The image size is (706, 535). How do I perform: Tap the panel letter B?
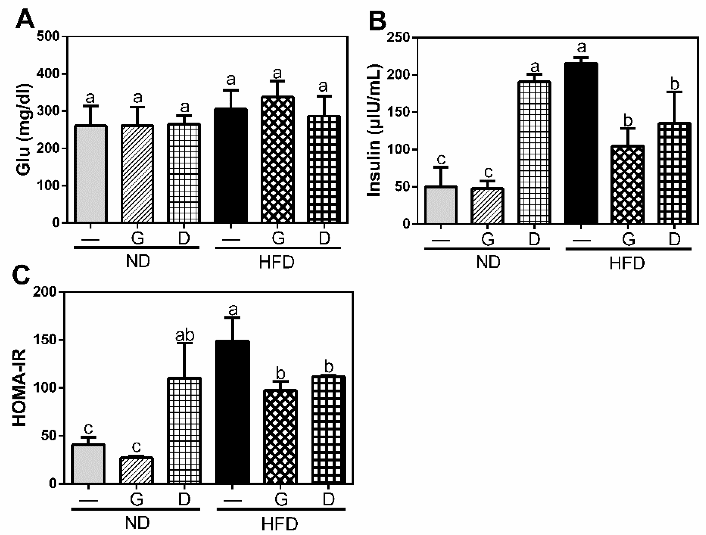(377, 20)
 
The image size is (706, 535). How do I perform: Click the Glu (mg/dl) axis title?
(24, 130)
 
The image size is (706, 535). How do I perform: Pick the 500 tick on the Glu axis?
(48, 36)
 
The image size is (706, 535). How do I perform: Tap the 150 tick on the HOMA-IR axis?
(45, 340)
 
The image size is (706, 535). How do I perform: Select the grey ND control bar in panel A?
(90, 174)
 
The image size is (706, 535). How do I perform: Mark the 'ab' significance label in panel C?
(185, 335)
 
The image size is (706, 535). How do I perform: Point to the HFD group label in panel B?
(627, 263)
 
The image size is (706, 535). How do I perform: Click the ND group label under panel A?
(137, 261)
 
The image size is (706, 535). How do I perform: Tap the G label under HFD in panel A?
(278, 238)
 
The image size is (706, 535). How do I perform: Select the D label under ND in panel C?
(184, 499)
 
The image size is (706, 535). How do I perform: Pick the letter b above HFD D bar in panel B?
(675, 84)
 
